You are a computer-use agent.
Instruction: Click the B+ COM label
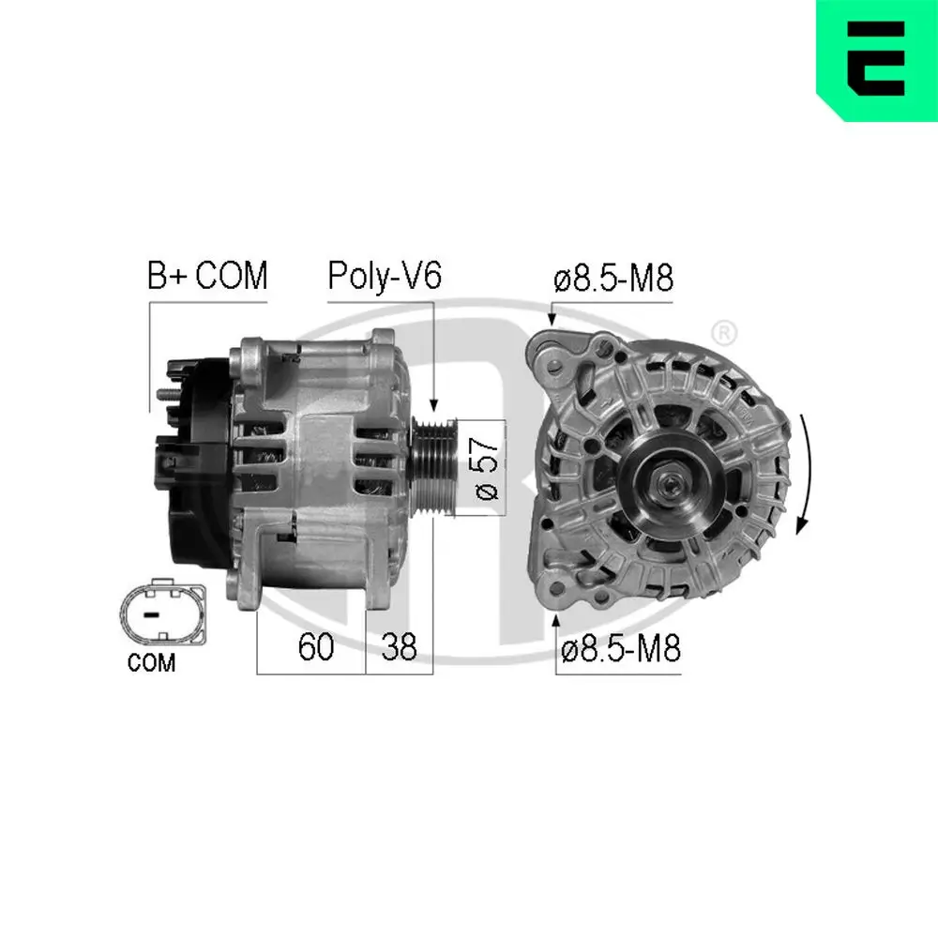pyautogui.click(x=206, y=277)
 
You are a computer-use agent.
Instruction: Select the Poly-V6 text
pyautogui.click(x=384, y=277)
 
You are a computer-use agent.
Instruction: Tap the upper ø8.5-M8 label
pyautogui.click(x=613, y=279)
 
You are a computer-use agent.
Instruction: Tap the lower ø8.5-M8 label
pyautogui.click(x=619, y=648)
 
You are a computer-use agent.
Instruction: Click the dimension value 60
pyautogui.click(x=315, y=647)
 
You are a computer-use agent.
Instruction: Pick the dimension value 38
pyautogui.click(x=399, y=647)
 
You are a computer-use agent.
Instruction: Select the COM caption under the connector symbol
pyautogui.click(x=151, y=663)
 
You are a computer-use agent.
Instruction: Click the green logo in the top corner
pyautogui.click(x=877, y=58)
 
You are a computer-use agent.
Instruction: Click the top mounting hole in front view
pyautogui.click(x=560, y=360)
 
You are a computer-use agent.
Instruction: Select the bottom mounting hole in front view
pyautogui.click(x=560, y=590)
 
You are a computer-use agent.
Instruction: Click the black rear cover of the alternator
pyautogui.click(x=197, y=469)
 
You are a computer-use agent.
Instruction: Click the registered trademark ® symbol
pyautogui.click(x=723, y=331)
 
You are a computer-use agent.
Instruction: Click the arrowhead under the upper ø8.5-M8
pyautogui.click(x=552, y=319)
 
